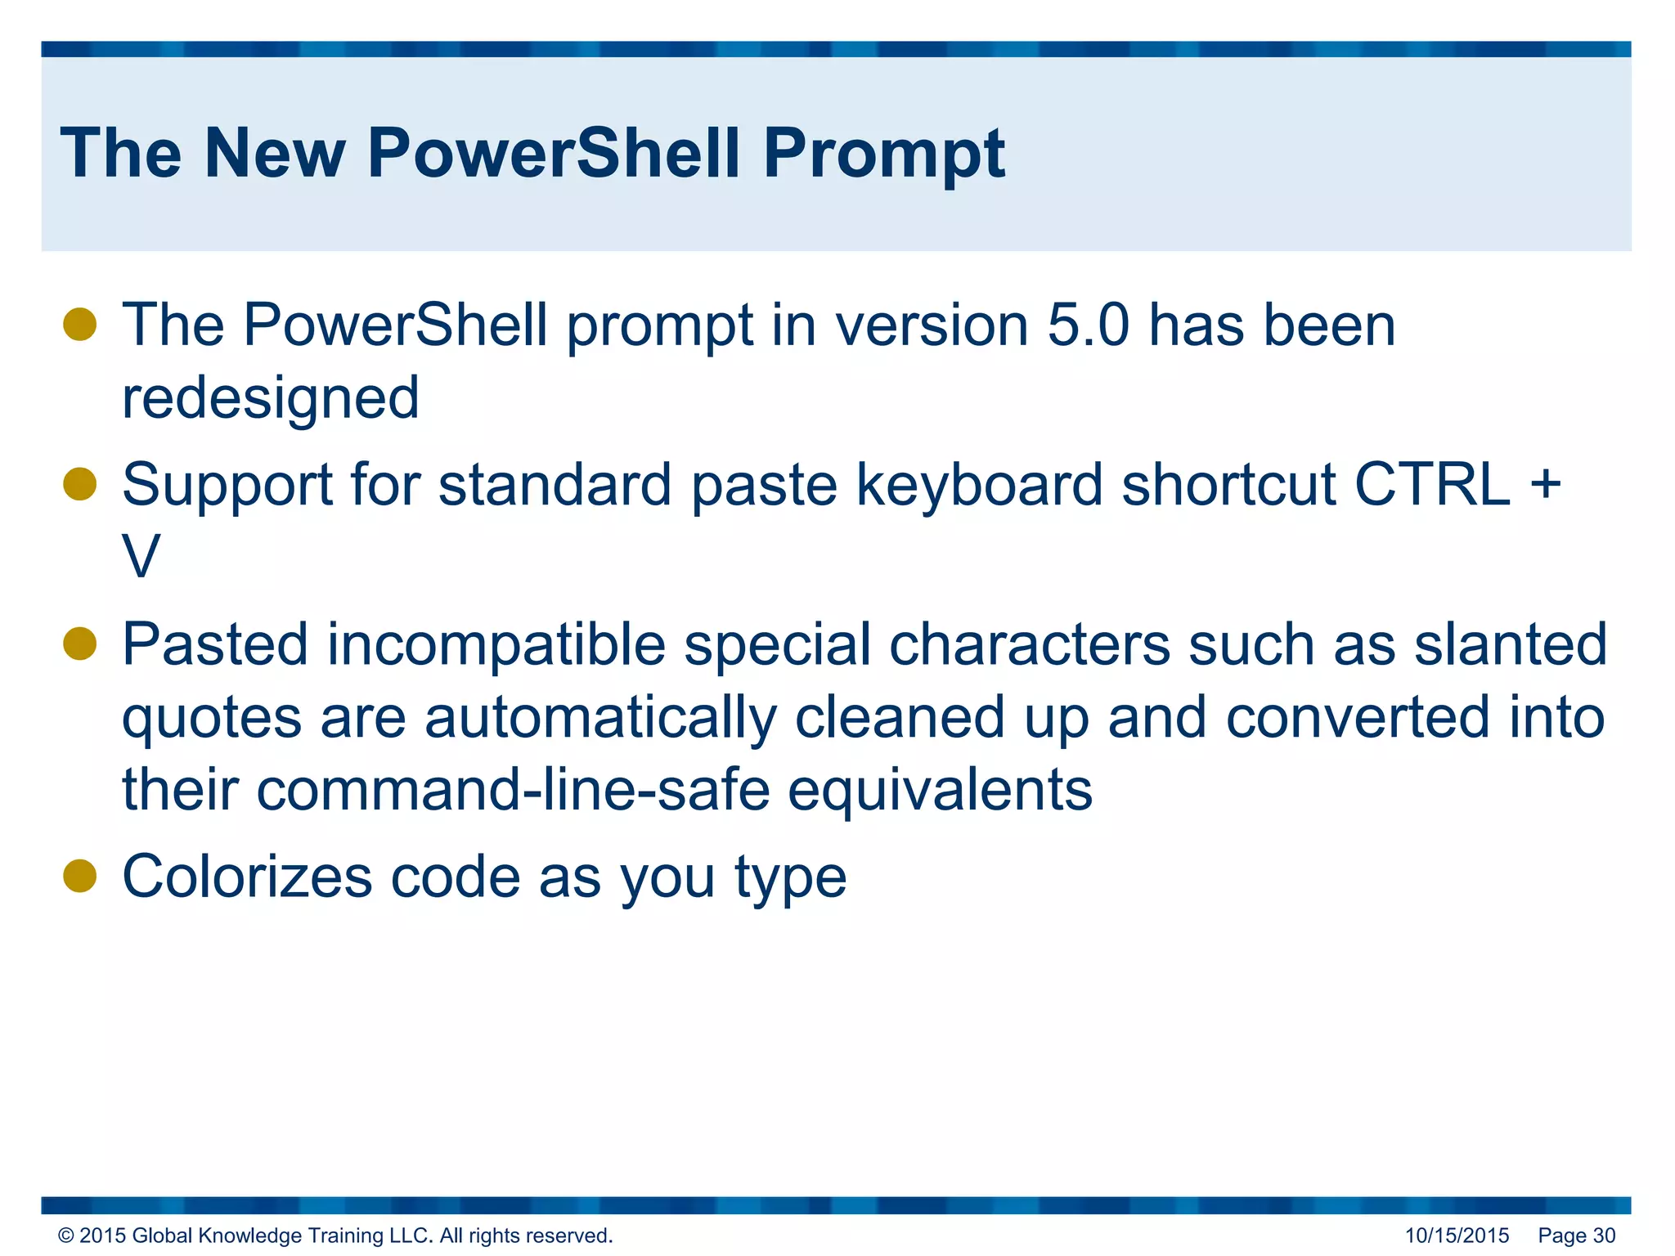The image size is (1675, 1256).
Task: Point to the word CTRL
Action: [x=1432, y=485]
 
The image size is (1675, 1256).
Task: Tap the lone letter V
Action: [x=141, y=558]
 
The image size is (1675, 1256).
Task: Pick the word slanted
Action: [x=1510, y=644]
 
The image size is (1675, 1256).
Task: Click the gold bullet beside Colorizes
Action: [x=80, y=876]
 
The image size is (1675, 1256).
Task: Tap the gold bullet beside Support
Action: [x=80, y=483]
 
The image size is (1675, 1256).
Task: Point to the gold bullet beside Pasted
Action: [x=80, y=643]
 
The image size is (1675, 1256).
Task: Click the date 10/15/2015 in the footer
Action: [x=1457, y=1236]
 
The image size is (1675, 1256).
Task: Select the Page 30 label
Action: [x=1576, y=1236]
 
